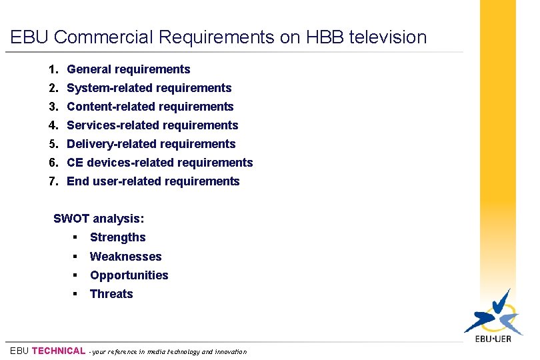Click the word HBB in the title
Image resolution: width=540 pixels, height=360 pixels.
327,37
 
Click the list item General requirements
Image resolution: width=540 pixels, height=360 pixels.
129,69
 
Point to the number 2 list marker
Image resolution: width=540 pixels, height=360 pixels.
52,88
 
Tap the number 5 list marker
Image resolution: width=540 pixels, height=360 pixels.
52,144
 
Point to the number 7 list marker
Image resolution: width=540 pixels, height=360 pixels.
52,181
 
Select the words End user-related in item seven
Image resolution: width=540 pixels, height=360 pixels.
114,181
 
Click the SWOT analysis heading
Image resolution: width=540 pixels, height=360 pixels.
99,219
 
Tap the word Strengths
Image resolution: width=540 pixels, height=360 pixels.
117,237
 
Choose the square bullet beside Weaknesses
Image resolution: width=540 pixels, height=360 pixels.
77,257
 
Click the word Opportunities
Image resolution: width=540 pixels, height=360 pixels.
129,275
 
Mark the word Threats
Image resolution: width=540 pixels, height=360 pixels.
111,294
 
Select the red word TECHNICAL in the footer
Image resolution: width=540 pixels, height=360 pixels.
59,351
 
